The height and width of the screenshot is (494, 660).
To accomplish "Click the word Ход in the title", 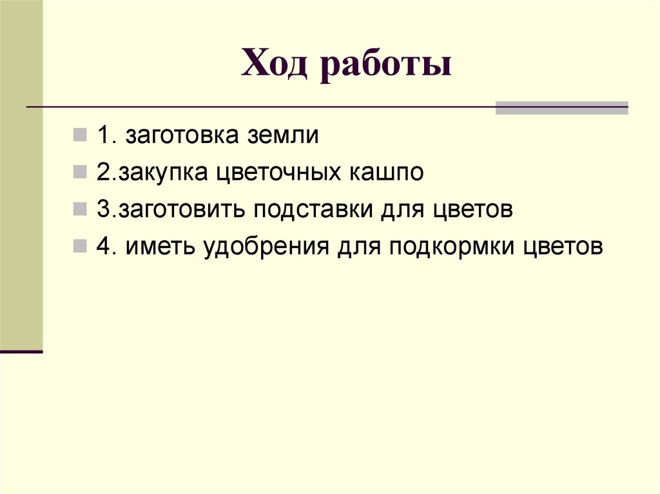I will [x=273, y=67].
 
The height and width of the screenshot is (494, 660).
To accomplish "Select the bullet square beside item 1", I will [x=81, y=136].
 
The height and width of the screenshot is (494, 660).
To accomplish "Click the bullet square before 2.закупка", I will [x=81, y=173].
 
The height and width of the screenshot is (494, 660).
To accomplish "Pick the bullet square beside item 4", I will [x=81, y=247].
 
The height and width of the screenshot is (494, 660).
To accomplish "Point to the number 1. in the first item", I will [x=106, y=137].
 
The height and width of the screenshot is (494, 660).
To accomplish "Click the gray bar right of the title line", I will [x=561, y=108].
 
